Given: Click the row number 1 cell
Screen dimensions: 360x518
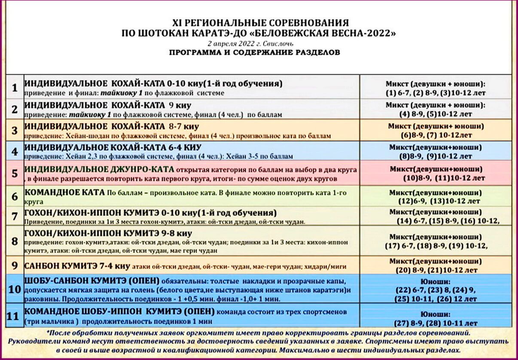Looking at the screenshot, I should [15, 88].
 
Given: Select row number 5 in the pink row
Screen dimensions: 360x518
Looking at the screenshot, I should [15, 173].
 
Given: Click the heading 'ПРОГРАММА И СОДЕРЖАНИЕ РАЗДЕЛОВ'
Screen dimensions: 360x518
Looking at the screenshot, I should [255, 53].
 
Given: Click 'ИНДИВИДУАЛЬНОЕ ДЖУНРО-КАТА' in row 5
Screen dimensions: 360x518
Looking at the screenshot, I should [99, 169].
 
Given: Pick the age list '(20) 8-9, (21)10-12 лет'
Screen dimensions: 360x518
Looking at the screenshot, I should [436, 270].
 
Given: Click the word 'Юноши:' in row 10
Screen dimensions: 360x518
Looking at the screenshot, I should [436, 282].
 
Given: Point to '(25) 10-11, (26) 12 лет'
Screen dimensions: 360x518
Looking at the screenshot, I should [436, 298].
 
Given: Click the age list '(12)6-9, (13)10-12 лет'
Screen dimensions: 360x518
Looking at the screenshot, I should [436, 201].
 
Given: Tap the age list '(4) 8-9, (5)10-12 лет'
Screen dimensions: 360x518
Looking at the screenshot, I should [436, 114].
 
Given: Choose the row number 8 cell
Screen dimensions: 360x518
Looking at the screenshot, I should [15, 241].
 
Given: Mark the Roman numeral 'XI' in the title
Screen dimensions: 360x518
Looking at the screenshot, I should [177, 23].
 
